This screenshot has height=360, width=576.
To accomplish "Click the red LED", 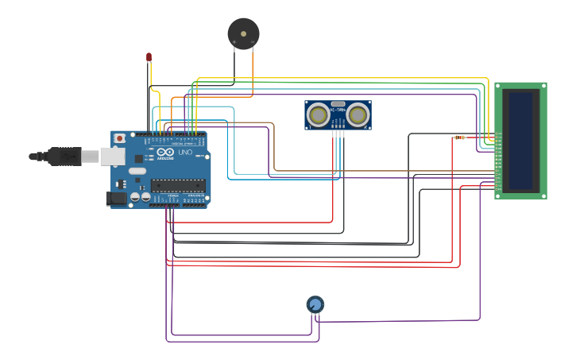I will pyautogui.click(x=149, y=56).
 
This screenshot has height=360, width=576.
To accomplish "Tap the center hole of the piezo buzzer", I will pyautogui.click(x=243, y=33).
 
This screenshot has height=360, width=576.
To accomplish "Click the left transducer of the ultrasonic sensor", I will pyautogui.click(x=319, y=114).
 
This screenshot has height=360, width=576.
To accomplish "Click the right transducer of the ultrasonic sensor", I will pyautogui.click(x=358, y=114).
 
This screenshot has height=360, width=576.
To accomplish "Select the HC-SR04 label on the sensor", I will pyautogui.click(x=338, y=110).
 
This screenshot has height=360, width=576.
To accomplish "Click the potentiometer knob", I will pyautogui.click(x=315, y=304).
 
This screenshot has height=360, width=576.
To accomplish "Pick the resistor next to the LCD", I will pyautogui.click(x=459, y=137).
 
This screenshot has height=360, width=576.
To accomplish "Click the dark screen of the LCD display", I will pyautogui.click(x=521, y=141).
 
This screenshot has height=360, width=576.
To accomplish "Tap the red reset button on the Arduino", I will pyautogui.click(x=120, y=138).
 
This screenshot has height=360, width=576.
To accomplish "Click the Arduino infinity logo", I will pyautogui.click(x=165, y=152).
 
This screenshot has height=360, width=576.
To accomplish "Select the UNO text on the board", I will pyautogui.click(x=184, y=152).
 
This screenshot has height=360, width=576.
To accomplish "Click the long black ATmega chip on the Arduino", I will pyautogui.click(x=178, y=185).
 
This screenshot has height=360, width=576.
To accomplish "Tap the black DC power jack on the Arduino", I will pyautogui.click(x=116, y=199).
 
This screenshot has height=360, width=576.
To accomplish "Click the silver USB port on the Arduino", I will pyautogui.click(x=112, y=156).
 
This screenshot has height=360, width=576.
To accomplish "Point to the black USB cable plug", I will pyautogui.click(x=64, y=156).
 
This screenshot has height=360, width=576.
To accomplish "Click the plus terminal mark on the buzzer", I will pyautogui.click(x=234, y=41).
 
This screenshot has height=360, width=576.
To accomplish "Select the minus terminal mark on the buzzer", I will pyautogui.click(x=253, y=41).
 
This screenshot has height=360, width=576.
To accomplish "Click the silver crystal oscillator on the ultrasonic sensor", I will pyautogui.click(x=338, y=103).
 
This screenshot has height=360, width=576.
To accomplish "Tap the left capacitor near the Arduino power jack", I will pyautogui.click(x=135, y=196).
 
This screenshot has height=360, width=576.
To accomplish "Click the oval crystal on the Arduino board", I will pyautogui.click(x=137, y=171).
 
